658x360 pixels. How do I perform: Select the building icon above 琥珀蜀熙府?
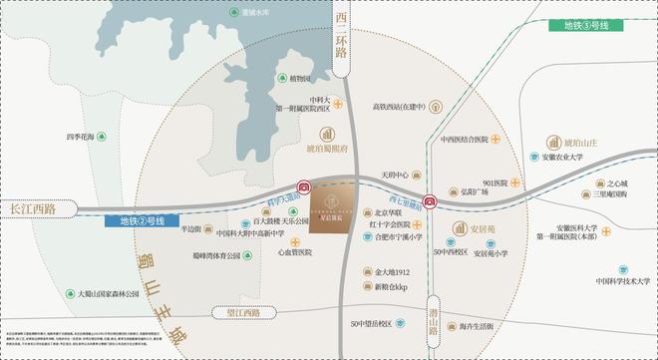point(325,134)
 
